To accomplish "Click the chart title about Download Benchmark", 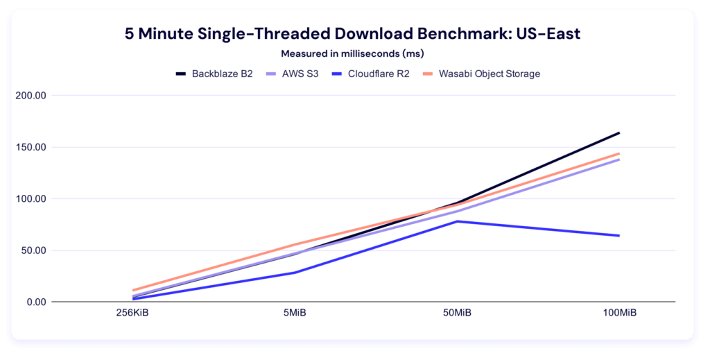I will (x=353, y=34).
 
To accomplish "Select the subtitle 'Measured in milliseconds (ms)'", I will (x=353, y=53).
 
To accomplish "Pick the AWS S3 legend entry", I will (x=295, y=74).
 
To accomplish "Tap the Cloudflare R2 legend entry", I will (x=372, y=74).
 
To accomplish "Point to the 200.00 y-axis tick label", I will (x=31, y=96).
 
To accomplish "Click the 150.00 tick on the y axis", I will (x=31, y=147).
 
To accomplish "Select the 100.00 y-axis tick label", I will (x=31, y=199).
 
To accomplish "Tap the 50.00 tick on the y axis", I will (x=33, y=250).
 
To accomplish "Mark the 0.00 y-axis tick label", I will (x=35, y=302).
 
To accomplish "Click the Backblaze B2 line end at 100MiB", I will (x=619, y=132).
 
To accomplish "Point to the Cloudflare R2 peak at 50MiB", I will (x=457, y=221).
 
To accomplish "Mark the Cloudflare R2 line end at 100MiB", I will (x=619, y=236).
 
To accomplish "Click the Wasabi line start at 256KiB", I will (x=133, y=291).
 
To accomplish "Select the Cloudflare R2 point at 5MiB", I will (x=295, y=273).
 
